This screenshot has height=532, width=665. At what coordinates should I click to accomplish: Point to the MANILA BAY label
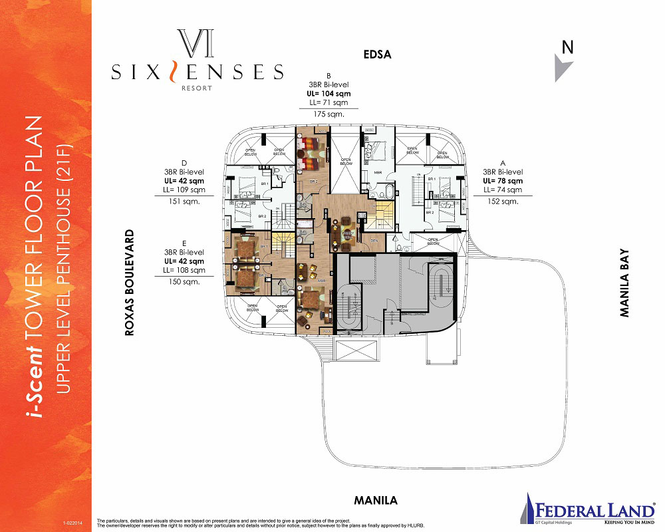tap(624, 283)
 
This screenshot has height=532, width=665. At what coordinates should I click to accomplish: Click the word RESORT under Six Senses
tap(197, 86)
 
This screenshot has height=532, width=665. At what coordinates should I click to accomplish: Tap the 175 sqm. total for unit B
tap(329, 114)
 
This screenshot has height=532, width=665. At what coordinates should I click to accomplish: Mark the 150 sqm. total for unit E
tap(184, 282)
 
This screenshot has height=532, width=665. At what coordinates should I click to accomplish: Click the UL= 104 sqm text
tap(329, 94)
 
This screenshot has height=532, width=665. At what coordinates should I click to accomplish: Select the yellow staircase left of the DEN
tap(385, 215)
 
